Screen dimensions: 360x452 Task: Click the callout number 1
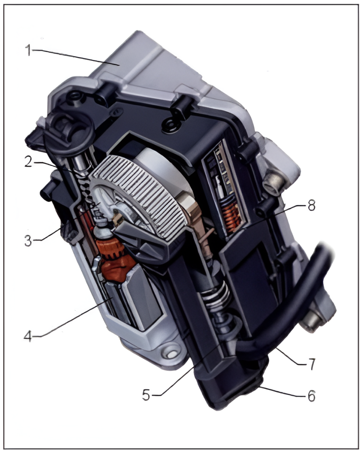28,50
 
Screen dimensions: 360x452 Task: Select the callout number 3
28,240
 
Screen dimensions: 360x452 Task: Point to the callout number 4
28,335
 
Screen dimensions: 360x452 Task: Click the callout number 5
146,395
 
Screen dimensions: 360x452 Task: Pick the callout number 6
311,396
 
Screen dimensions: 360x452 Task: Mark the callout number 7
311,364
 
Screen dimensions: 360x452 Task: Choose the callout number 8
311,206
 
